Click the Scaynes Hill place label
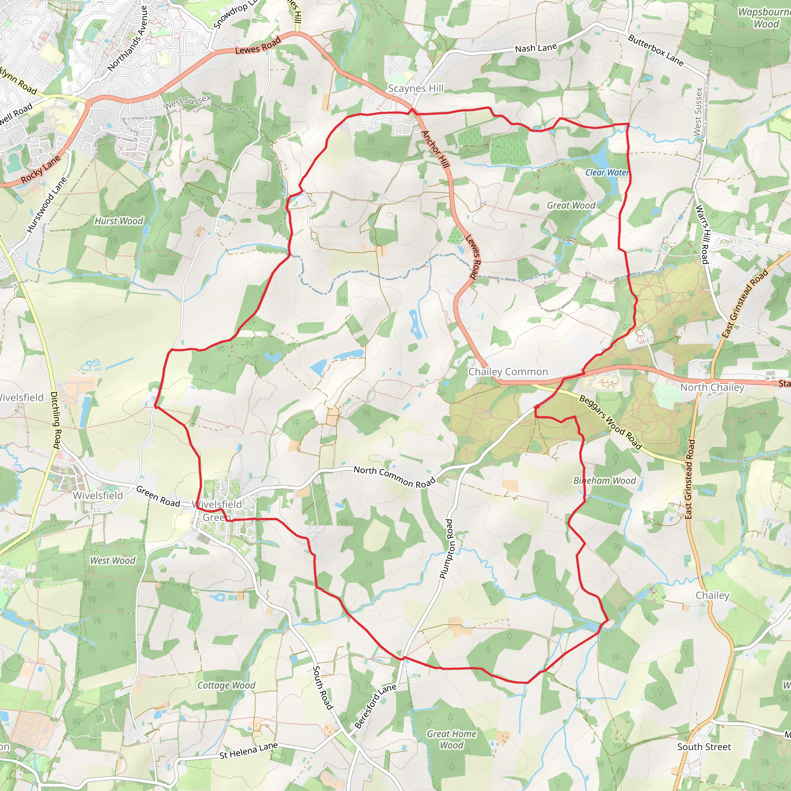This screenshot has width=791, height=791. pos(416,88)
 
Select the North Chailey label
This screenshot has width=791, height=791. pos(712,387)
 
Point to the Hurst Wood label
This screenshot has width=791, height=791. pos(119,221)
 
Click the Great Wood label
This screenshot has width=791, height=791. pos(571,205)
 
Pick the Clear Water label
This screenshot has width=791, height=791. pos(607,172)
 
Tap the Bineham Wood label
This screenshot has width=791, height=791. pos(604,480)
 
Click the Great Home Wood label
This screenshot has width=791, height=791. pos(452,739)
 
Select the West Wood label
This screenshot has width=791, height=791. pos(113,560)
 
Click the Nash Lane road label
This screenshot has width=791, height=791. pos(536,48)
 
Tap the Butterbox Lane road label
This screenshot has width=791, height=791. pos(655,51)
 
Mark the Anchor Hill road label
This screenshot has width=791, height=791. pos(436,149)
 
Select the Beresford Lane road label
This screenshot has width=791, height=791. pos(375,706)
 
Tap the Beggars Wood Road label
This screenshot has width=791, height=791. pos(610,422)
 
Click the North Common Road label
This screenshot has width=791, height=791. pos(394,477)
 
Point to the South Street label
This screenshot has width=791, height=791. pos(704,747)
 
